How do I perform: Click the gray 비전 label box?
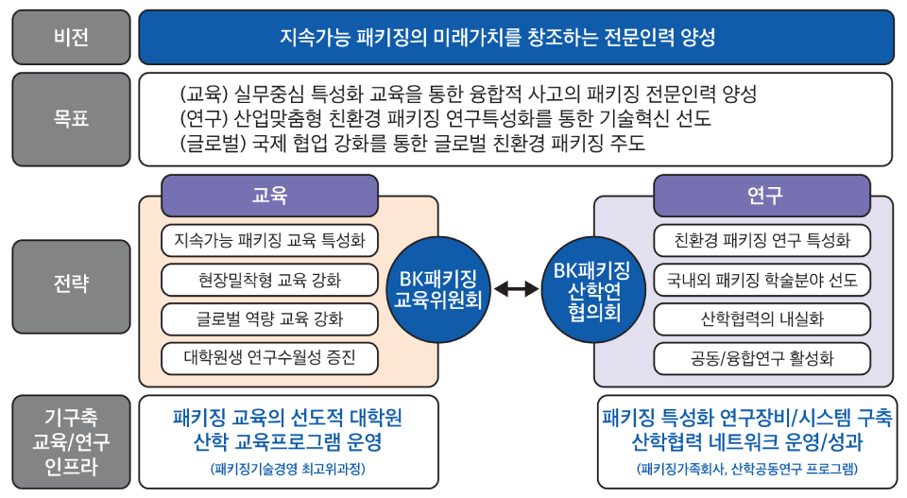(x=71, y=38)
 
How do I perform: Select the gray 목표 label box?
(x=71, y=119)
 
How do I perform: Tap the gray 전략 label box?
(x=71, y=283)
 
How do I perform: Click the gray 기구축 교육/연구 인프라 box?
(x=71, y=441)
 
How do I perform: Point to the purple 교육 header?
(x=269, y=196)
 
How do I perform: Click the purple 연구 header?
(x=762, y=196)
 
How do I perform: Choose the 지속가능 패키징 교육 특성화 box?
(x=269, y=240)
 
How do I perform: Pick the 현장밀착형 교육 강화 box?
(x=269, y=280)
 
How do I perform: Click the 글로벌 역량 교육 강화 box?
(x=269, y=318)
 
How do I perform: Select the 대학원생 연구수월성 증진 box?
(x=269, y=358)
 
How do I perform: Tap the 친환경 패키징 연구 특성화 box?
(x=762, y=240)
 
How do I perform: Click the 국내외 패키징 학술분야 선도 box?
(x=762, y=280)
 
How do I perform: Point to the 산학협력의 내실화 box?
(x=762, y=318)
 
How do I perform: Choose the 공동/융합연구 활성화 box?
(x=762, y=358)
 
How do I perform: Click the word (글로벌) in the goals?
(x=210, y=144)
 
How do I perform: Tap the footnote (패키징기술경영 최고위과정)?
(x=288, y=469)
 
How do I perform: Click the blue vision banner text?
(x=498, y=38)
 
